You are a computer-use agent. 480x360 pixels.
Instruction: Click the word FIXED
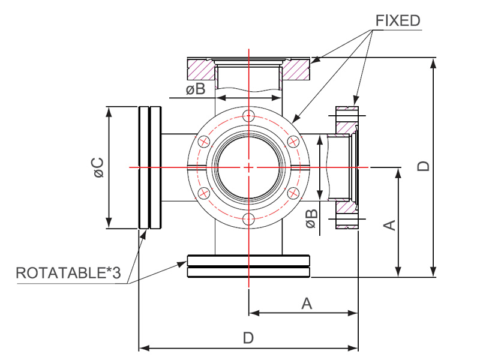point(398,21)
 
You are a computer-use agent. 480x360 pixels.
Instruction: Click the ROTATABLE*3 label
point(68,273)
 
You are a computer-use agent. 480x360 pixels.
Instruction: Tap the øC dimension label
point(98,167)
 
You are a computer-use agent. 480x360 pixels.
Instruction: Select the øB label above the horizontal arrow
point(196,89)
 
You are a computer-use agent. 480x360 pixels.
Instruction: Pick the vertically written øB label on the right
point(311,218)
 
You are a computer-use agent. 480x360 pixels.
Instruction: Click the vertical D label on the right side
point(424,166)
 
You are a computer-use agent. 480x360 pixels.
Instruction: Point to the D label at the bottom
point(248,338)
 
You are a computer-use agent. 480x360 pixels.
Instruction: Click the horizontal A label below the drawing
point(307,304)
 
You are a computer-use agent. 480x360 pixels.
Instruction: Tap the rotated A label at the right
point(389,225)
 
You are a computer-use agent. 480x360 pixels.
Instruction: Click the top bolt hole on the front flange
point(248,115)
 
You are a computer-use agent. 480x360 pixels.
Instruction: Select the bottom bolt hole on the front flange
point(248,219)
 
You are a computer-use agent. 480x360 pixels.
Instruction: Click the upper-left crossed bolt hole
point(204,142)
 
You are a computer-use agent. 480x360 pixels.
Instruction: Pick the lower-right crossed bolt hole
point(293,193)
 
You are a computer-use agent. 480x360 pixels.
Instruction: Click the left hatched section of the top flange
point(201,70)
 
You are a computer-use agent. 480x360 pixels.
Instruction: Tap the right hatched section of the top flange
point(296,70)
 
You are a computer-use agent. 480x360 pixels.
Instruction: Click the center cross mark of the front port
point(249,167)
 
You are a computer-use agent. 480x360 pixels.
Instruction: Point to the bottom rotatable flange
point(248,266)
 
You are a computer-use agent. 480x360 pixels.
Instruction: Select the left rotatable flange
point(150,167)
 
